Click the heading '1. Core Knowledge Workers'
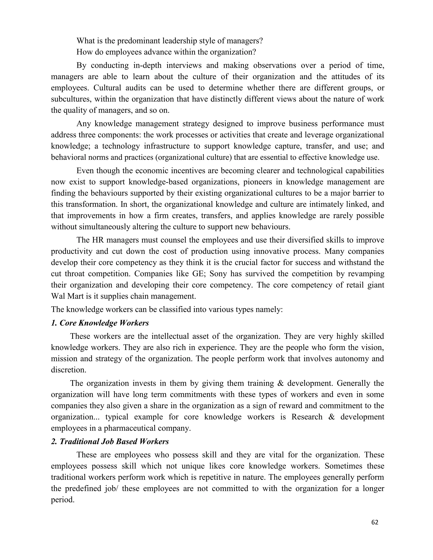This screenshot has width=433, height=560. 100,323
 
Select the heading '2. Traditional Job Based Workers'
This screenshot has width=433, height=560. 110,441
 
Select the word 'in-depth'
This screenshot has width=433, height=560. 147,65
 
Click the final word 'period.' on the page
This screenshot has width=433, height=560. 63,500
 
